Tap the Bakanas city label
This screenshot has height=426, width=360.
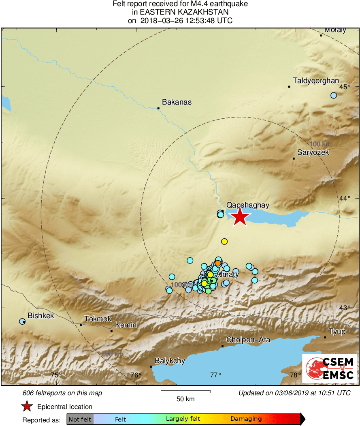(x=177, y=102)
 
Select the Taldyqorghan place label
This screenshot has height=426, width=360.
(x=316, y=81)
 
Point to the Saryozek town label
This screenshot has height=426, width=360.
(x=313, y=153)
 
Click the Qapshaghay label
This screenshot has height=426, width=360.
(x=248, y=206)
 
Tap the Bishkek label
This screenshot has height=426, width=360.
(x=40, y=315)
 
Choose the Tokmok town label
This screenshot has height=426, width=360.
(x=98, y=319)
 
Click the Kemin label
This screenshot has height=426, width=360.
(x=126, y=325)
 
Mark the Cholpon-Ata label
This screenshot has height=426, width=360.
(x=248, y=340)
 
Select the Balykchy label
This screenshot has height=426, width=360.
(x=170, y=361)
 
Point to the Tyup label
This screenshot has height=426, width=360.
(x=337, y=332)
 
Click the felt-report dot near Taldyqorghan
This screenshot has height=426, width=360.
(x=334, y=95)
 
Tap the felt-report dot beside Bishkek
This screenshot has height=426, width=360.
(x=22, y=321)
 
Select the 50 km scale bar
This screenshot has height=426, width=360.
(x=185, y=392)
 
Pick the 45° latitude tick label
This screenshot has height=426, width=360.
(x=345, y=87)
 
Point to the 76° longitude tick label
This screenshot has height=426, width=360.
(x=136, y=375)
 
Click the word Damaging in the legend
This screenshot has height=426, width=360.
(x=246, y=419)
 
